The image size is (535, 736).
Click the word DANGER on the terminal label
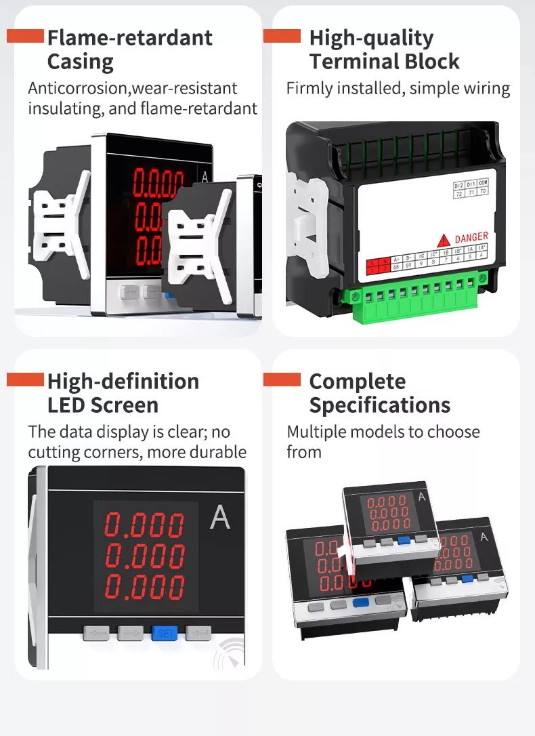coord(471,237)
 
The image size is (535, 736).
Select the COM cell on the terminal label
coord(482,183)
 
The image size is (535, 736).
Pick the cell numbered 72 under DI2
coord(459,192)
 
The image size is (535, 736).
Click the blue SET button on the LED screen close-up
coord(164,634)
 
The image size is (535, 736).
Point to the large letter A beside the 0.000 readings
coord(220,518)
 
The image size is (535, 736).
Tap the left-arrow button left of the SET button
coord(96,634)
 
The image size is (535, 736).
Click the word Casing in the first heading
coord(80,62)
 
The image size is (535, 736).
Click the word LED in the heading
coord(66,405)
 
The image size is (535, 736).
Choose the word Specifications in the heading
coord(379,405)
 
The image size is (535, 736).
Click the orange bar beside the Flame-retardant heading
coord(25,37)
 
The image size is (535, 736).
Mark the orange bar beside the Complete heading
coord(282,380)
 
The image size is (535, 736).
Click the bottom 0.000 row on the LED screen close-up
coord(145,586)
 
